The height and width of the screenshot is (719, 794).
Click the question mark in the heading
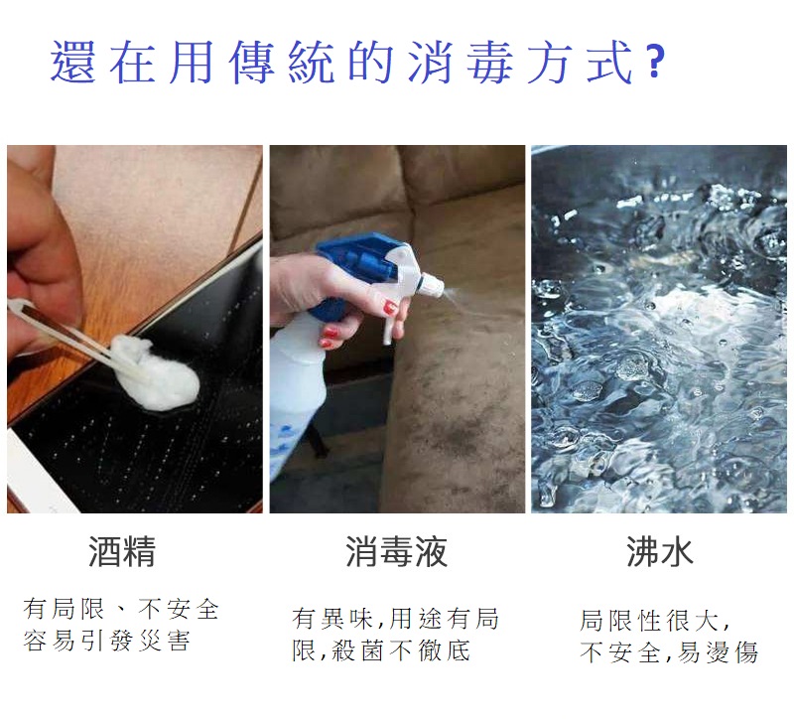pos(655,62)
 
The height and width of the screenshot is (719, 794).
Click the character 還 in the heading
pos(72,62)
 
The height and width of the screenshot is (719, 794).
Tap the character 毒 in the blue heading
pos(488,62)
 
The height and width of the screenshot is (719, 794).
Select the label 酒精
pos(122,551)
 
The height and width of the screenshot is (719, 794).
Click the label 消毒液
pos(396,551)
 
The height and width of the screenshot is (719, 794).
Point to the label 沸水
pos(659,551)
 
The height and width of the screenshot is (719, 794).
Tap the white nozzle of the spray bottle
pos(432,285)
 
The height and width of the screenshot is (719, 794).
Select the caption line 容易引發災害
pos(106,641)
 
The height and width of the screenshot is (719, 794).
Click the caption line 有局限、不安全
pos(121,609)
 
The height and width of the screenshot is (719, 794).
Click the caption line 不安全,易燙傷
pos(669,652)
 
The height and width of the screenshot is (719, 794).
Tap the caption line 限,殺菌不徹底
pos(381,650)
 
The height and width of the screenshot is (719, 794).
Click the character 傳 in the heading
pos(252,62)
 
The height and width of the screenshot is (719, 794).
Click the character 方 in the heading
pos(550,62)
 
